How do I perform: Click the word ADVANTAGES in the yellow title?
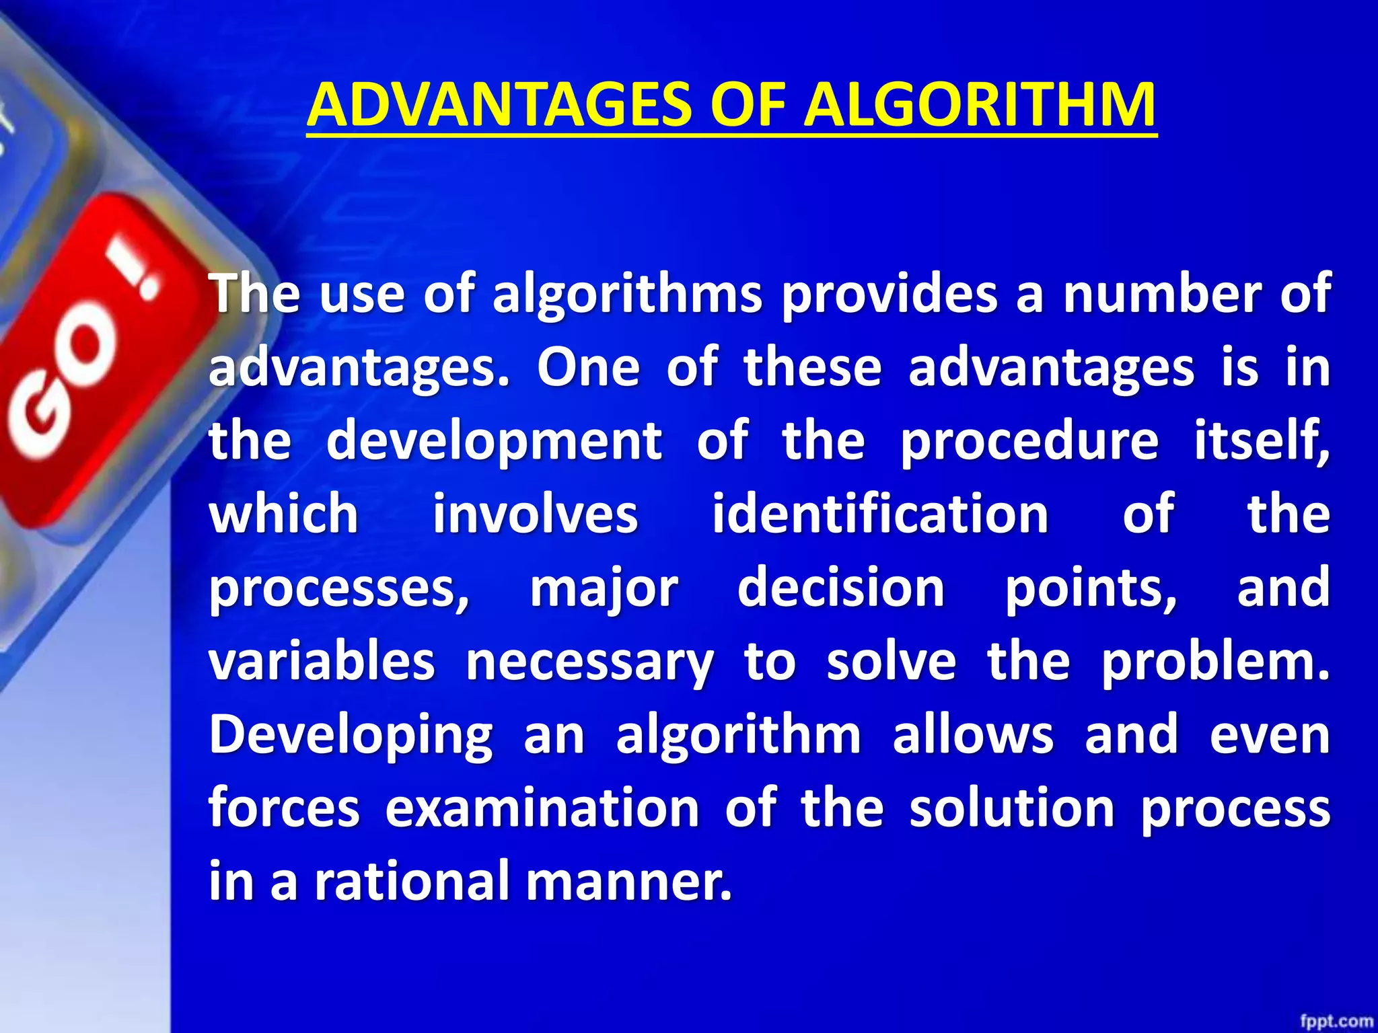click(x=499, y=105)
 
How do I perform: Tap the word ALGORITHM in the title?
click(x=980, y=105)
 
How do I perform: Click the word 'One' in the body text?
click(x=588, y=368)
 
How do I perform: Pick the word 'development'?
click(x=495, y=441)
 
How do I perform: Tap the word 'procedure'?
click(x=1029, y=441)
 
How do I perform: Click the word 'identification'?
click(x=880, y=514)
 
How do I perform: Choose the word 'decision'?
click(x=841, y=587)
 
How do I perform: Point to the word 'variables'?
click(x=322, y=661)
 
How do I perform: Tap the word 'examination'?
click(x=542, y=808)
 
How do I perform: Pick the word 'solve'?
click(x=891, y=661)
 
